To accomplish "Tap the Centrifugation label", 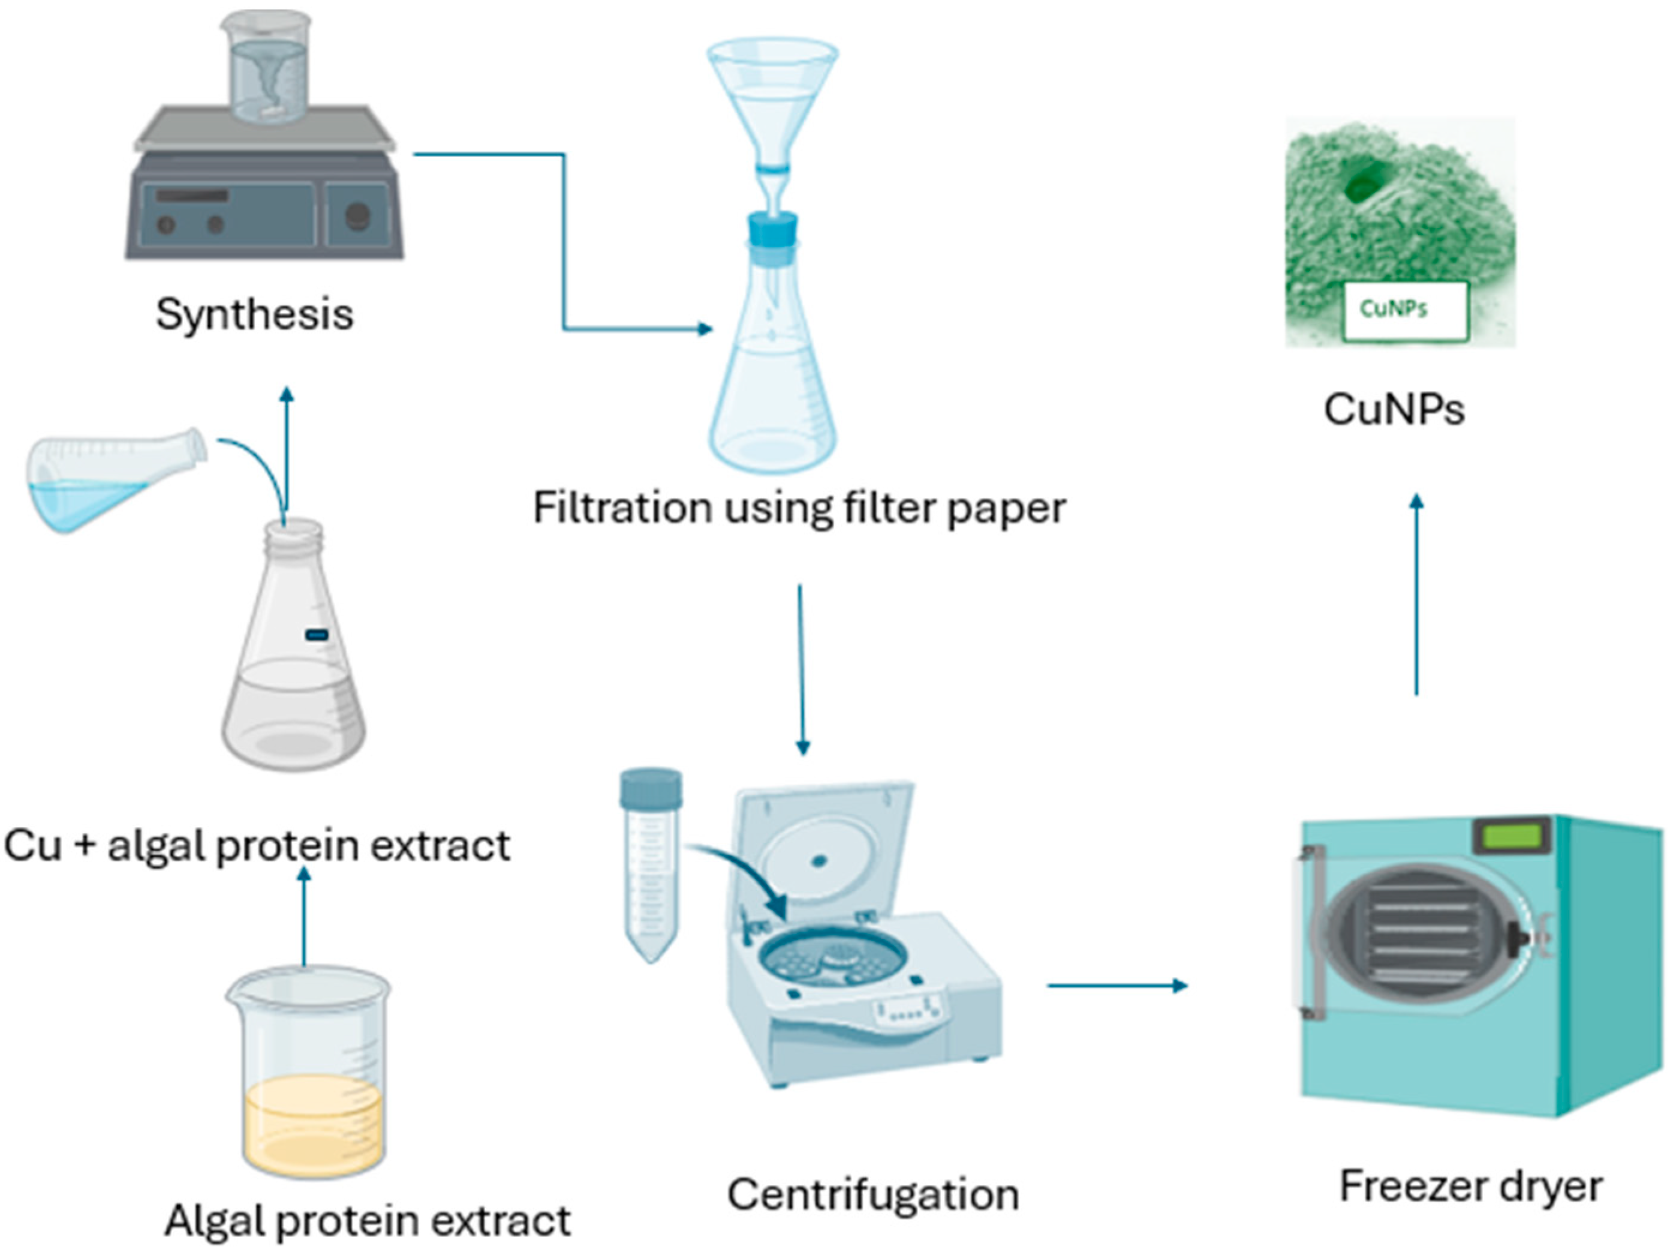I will coord(873,1194).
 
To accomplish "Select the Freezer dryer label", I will coord(1470,1185).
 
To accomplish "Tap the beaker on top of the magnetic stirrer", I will coord(266,68).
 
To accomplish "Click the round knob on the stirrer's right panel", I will coord(358,217).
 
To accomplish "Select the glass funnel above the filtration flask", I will coord(772,98).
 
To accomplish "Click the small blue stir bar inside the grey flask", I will coord(316,635).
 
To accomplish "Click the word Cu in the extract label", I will coord(32,845).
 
